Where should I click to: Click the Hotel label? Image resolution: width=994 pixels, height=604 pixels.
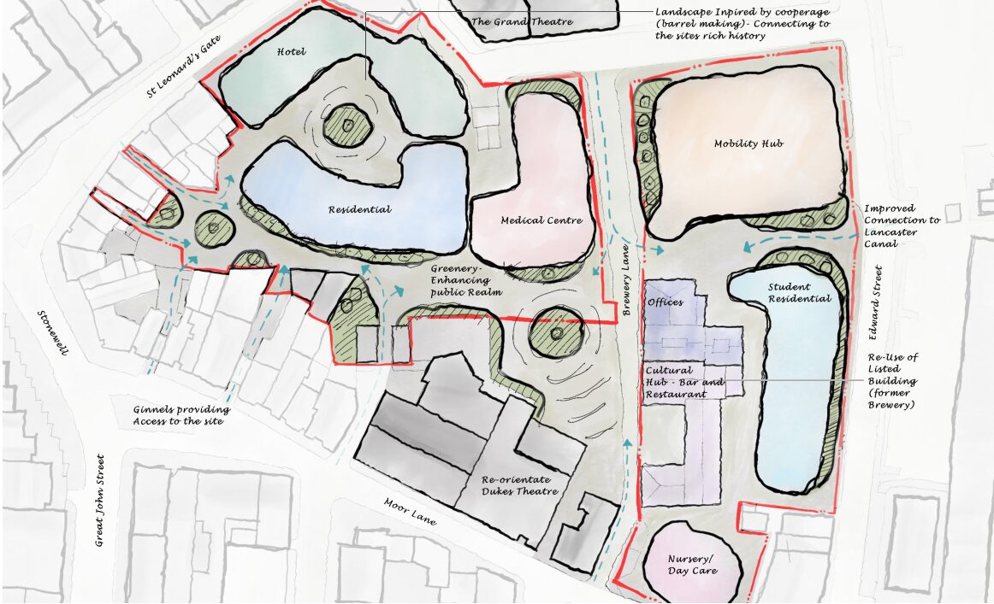click(x=291, y=52)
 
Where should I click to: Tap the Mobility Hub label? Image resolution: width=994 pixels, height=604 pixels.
click(x=748, y=144)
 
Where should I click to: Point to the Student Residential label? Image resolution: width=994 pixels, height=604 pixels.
click(x=799, y=293)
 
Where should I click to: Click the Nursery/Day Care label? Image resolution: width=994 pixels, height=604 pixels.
click(x=691, y=564)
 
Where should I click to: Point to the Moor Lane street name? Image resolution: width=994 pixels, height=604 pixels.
click(x=410, y=511)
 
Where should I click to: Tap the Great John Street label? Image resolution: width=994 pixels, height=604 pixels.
click(x=98, y=499)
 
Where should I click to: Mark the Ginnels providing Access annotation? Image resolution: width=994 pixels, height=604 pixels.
click(x=181, y=415)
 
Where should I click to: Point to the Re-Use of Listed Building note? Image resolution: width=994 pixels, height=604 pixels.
click(x=893, y=380)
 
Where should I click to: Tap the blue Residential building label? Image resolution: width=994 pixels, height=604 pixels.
click(x=359, y=209)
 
